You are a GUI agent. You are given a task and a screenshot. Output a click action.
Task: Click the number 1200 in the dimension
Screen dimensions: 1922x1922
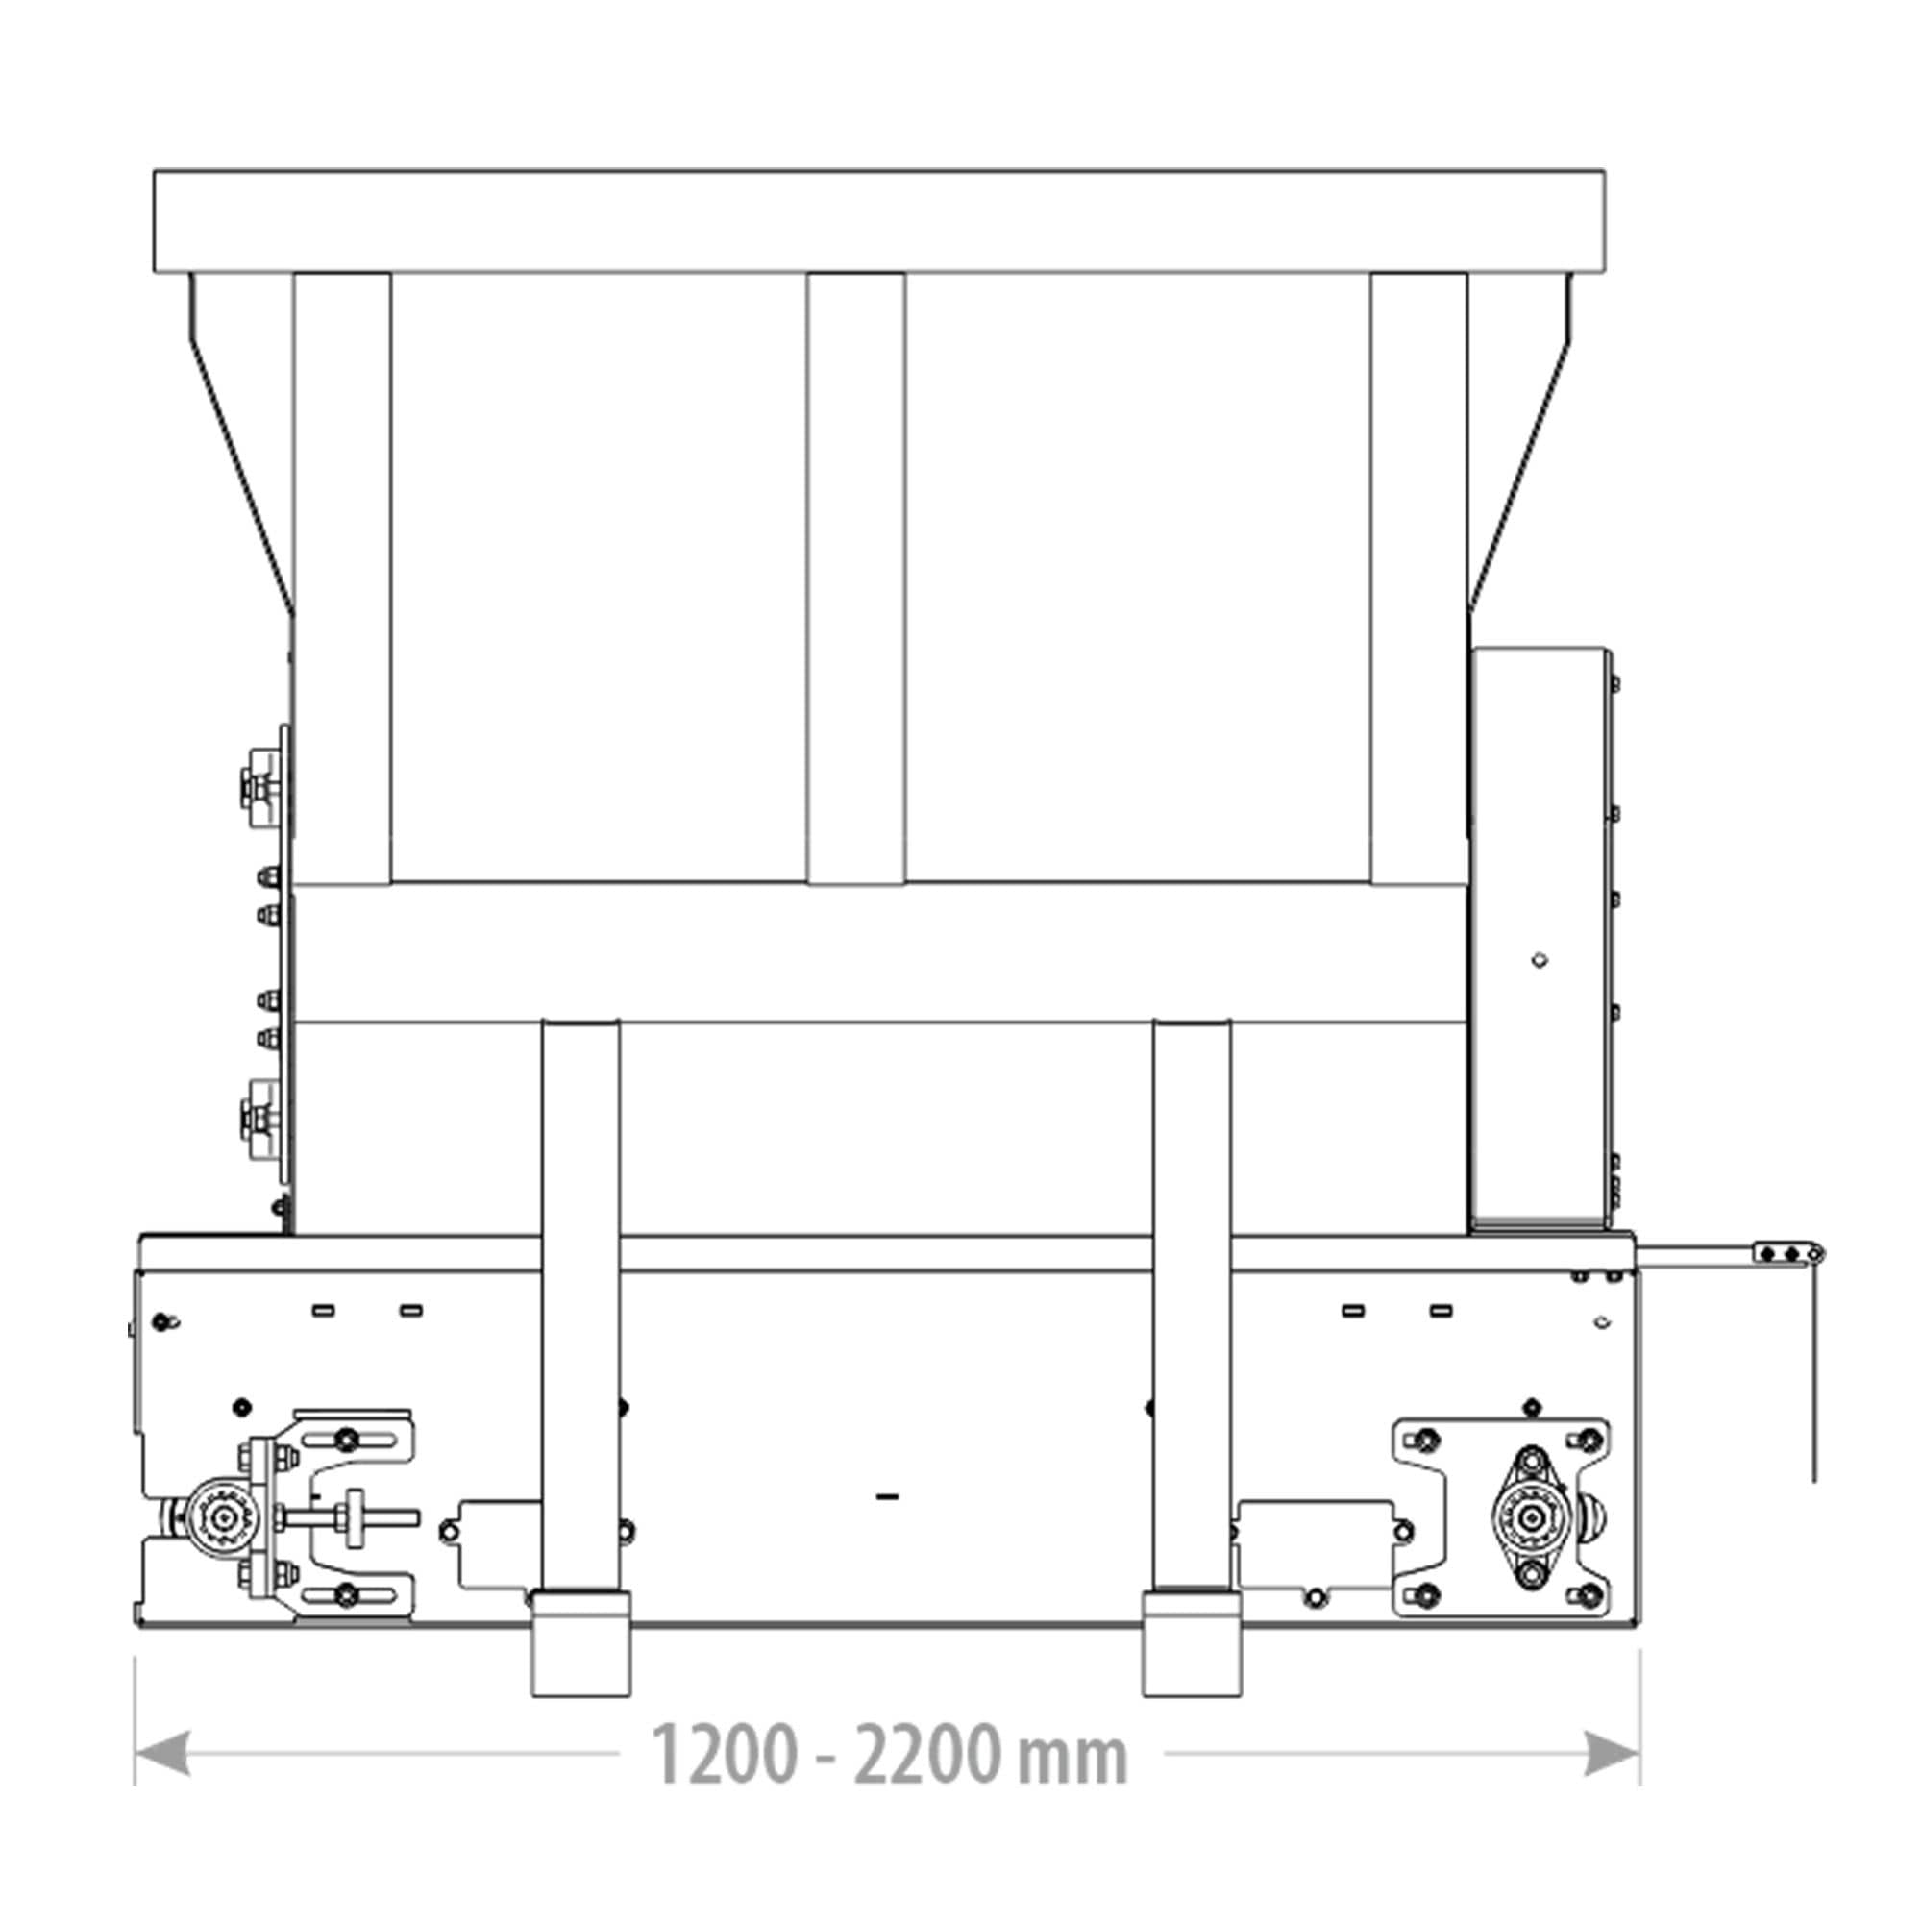[x=725, y=1756]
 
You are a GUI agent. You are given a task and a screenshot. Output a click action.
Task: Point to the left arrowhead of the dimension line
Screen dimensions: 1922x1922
[x=161, y=1753]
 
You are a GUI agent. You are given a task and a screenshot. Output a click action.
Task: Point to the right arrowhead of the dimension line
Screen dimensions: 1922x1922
[x=1613, y=1753]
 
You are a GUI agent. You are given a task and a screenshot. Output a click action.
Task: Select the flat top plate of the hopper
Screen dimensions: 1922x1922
[x=878, y=221]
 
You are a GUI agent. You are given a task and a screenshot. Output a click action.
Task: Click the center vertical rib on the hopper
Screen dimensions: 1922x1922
[x=856, y=578]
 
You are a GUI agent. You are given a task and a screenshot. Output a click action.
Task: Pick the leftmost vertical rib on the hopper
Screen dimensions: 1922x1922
[x=342, y=578]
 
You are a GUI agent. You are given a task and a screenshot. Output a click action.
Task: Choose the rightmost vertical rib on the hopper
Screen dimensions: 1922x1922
[x=1418, y=578]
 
